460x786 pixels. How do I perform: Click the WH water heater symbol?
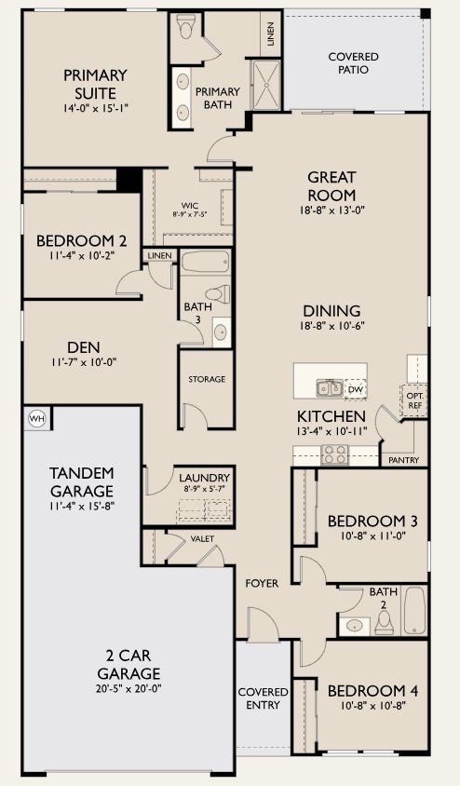[x=37, y=418]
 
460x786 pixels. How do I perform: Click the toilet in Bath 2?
[x=383, y=624]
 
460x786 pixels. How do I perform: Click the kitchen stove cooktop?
[x=334, y=455]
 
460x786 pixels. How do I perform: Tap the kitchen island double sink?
[x=329, y=387]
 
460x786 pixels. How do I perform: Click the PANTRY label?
[x=404, y=460]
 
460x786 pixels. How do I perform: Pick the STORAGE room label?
[x=207, y=379]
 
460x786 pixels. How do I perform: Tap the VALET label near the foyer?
[x=202, y=538]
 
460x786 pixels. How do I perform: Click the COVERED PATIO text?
[x=353, y=63]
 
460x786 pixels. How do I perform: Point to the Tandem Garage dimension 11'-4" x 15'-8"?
[x=81, y=507]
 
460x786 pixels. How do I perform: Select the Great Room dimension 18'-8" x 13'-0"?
[x=331, y=210]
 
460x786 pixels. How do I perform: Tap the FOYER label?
[x=262, y=583]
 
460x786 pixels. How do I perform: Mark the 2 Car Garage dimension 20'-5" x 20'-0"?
[x=129, y=688]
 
